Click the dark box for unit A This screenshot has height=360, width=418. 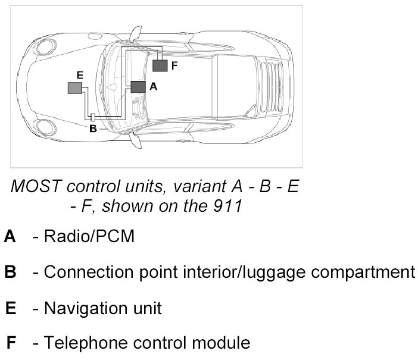click(138, 86)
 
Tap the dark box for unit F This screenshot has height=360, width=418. click(160, 65)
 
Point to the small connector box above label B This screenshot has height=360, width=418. click(93, 116)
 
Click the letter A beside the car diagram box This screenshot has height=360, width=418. click(152, 86)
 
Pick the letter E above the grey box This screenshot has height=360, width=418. click(79, 75)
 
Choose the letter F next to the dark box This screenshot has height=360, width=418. click(174, 65)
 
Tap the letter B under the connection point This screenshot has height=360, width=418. click(92, 127)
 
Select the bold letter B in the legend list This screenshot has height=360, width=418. click(10, 273)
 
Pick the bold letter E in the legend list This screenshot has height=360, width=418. click(10, 308)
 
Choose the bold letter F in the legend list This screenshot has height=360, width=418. click(11, 343)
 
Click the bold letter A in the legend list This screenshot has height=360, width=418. click(10, 237)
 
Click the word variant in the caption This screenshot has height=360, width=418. click(195, 186)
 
